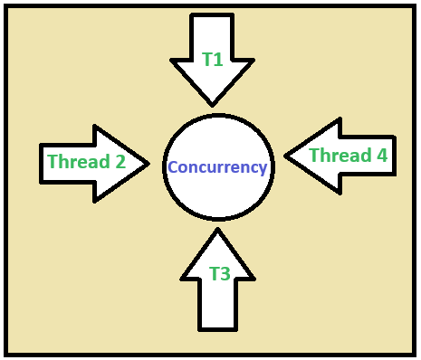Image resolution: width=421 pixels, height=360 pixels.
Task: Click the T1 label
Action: coord(212,60)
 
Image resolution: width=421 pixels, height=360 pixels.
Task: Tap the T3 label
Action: coord(219,274)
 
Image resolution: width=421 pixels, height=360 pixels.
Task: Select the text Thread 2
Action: coord(86,163)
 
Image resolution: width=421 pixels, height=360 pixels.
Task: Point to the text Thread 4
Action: coord(348,156)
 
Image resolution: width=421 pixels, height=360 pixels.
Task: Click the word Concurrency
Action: coord(217,167)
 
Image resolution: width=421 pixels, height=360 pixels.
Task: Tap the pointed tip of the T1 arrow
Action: coord(212,104)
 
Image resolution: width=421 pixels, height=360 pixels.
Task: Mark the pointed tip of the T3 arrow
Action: coord(217,230)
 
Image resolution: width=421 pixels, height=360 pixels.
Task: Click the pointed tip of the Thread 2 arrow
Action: coord(148,163)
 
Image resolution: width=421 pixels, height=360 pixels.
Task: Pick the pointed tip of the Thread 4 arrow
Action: coord(286,155)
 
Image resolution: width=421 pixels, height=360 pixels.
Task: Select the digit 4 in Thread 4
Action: coord(381,156)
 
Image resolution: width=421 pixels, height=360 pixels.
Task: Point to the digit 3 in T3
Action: coord(225,274)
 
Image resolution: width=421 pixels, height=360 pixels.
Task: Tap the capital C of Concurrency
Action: coord(173,167)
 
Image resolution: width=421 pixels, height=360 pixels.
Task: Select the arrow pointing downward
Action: coord(212,54)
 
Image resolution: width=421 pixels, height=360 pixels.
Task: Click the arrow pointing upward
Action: coord(218,280)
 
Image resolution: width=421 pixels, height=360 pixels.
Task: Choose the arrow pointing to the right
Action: coord(91,163)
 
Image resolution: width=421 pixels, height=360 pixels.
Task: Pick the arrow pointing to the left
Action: coord(340,156)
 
